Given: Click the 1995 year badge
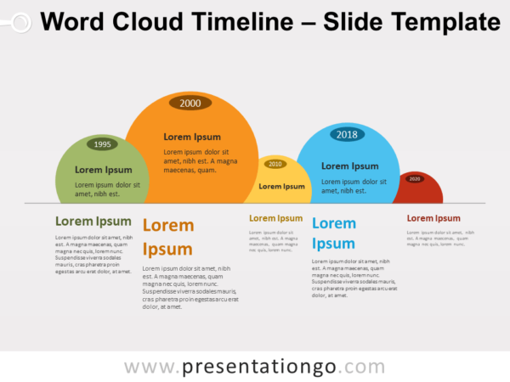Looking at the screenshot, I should click(x=103, y=144).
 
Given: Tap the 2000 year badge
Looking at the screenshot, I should click(x=190, y=103).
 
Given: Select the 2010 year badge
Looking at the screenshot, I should click(x=275, y=164).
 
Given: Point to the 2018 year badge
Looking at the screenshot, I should click(x=347, y=134).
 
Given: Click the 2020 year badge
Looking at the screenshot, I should click(x=415, y=179).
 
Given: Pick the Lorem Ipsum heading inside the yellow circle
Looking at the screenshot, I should click(x=281, y=186).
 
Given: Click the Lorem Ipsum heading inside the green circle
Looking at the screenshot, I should click(x=104, y=170).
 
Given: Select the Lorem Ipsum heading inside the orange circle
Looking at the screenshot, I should click(x=192, y=137).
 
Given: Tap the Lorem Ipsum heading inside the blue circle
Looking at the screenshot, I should click(x=350, y=166).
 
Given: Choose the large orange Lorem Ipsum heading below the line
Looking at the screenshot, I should click(x=168, y=237).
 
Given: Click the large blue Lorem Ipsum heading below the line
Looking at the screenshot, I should click(x=334, y=233).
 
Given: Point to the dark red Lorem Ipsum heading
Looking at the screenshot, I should click(x=433, y=218).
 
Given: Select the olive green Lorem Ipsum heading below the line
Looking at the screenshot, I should click(x=93, y=222).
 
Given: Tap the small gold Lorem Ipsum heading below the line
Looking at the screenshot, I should click(x=275, y=218).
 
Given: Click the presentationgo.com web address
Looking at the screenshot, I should click(x=254, y=366).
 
